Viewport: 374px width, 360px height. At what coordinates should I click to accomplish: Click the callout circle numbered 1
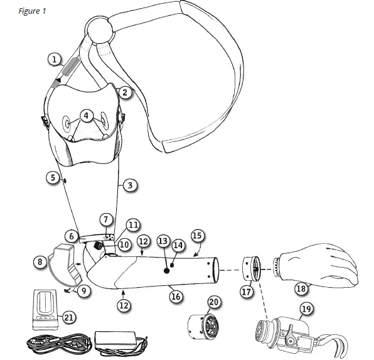coord(55,60)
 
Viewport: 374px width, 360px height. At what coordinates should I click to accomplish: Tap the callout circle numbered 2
coord(125,92)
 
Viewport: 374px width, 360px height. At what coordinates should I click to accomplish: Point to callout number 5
coord(53,178)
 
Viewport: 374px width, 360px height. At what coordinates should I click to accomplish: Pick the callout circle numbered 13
coord(163,241)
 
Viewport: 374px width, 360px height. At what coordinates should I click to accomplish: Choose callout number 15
coord(197,236)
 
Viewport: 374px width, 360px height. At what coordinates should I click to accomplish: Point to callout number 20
coord(214,303)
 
